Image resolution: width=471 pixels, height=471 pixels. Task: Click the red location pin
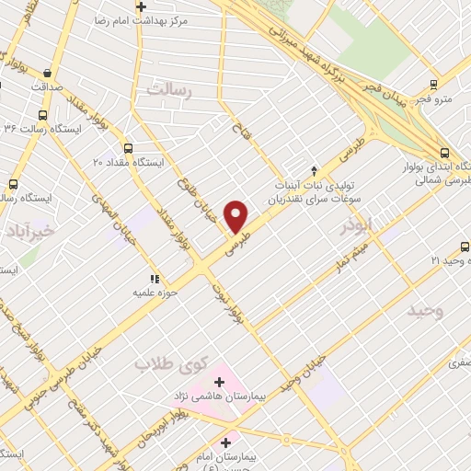pos(236,216)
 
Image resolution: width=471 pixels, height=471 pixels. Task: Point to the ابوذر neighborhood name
pos(353,223)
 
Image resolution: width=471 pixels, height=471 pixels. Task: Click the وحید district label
pos(426,311)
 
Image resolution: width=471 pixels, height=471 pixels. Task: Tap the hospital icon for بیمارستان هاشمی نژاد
pos(219,381)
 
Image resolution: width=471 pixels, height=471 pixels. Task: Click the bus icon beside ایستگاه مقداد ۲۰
pos(127,147)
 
